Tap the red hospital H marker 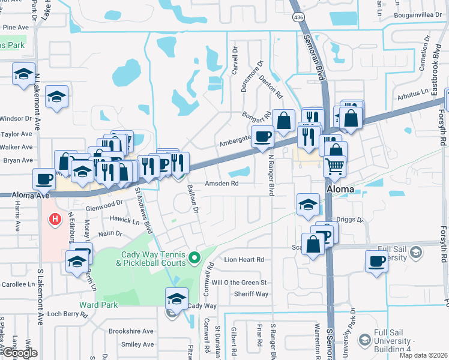point(55,220)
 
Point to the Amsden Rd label point(222,184)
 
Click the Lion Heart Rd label point(244,260)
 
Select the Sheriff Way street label point(252,294)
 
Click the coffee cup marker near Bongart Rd point(262,136)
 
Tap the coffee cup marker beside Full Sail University point(376,261)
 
